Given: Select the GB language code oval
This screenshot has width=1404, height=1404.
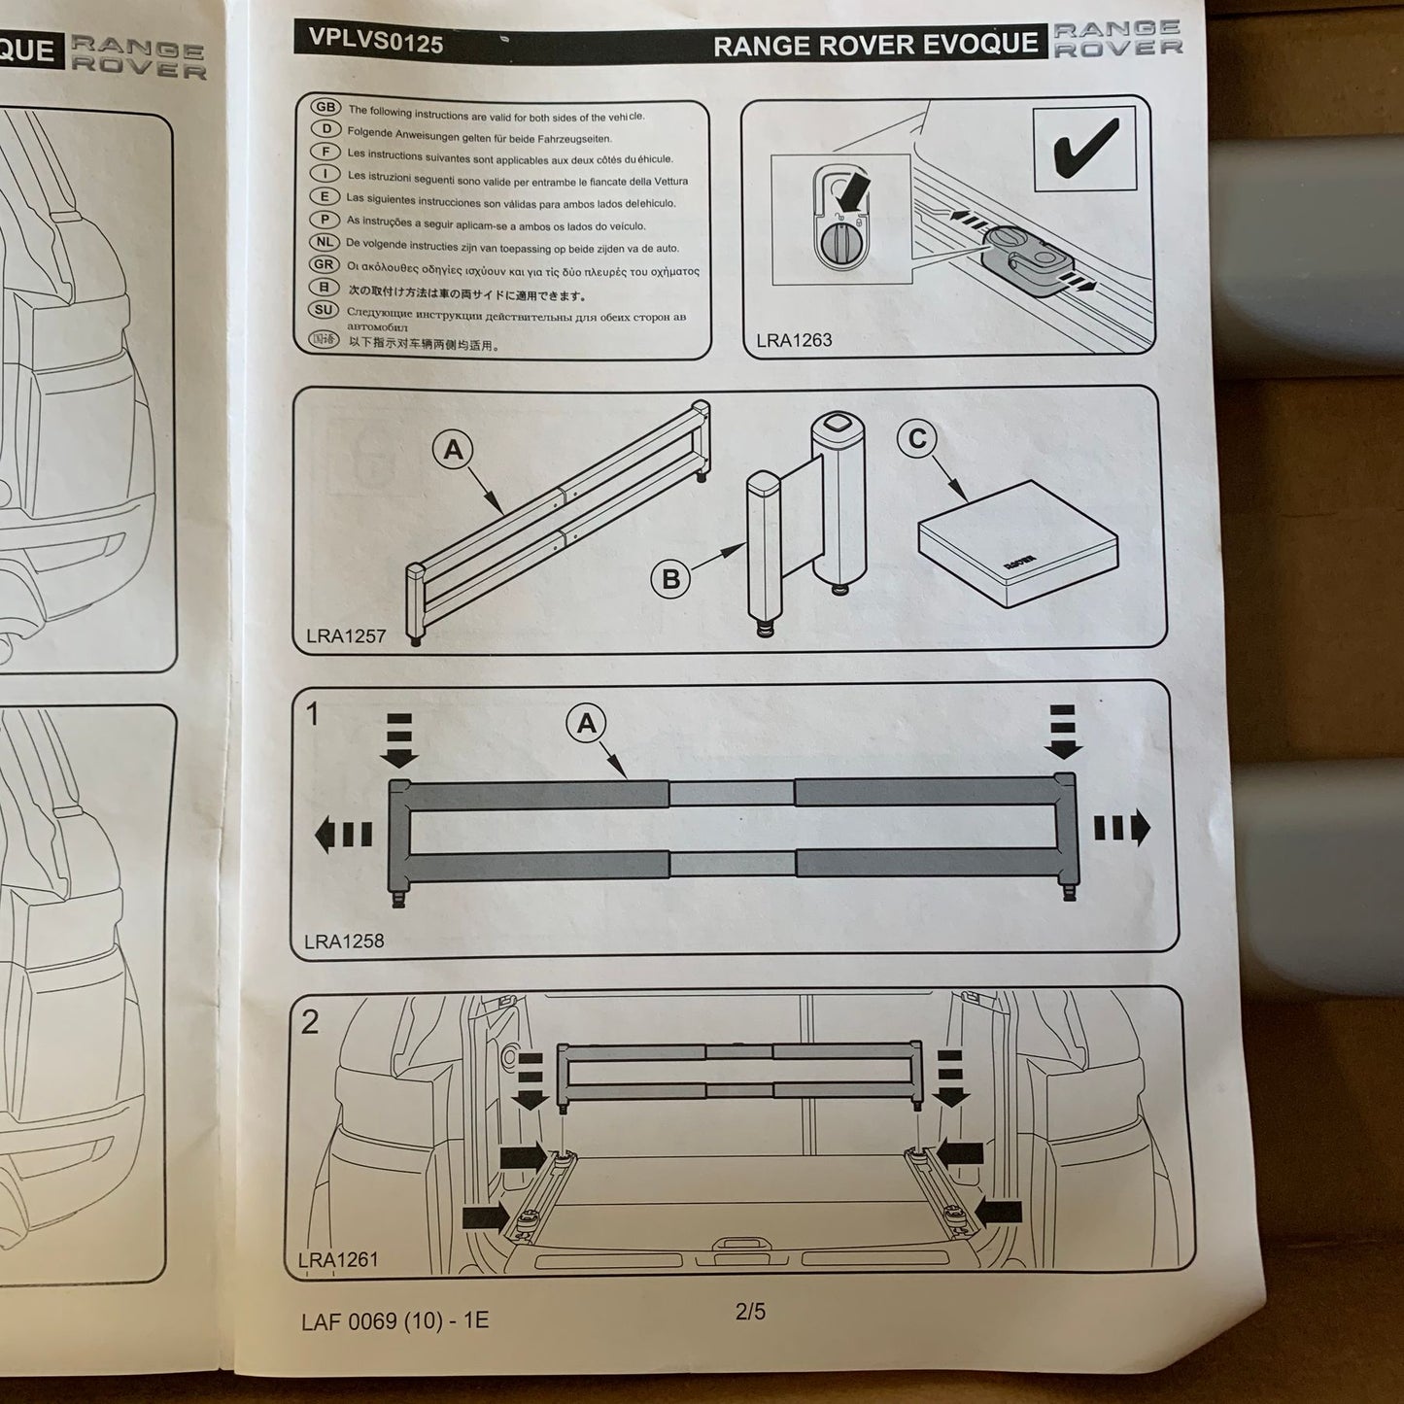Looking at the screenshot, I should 325,108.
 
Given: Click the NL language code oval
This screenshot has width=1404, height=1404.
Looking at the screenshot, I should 325,242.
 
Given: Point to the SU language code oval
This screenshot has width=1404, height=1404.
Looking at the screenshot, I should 325,310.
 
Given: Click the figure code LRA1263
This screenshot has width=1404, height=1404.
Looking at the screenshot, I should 794,340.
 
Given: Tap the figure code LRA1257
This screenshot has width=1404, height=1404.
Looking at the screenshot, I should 346,636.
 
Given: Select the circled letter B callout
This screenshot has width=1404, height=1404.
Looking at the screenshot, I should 670,579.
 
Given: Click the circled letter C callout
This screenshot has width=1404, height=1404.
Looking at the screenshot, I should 917,439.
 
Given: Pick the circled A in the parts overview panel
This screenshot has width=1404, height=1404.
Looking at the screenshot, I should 453,450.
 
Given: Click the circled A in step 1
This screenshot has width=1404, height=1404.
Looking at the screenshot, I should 586,723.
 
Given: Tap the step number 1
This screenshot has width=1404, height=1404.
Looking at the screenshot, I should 312,714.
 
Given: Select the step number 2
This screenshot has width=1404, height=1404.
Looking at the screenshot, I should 310,1022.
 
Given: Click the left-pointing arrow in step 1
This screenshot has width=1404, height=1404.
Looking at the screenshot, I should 343,834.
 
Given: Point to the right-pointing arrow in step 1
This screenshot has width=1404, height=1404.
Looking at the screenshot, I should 1122,828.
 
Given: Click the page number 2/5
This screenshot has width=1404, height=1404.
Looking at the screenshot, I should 750,1312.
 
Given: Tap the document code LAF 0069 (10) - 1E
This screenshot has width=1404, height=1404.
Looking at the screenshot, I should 394,1321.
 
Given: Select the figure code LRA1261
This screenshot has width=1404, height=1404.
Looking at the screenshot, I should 338,1260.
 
